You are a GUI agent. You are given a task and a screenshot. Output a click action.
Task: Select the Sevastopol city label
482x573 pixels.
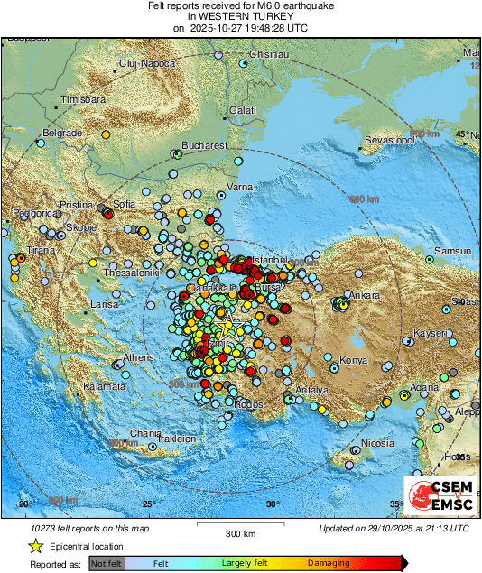pos(389,141)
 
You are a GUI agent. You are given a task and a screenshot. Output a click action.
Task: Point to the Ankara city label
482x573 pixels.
pos(366,295)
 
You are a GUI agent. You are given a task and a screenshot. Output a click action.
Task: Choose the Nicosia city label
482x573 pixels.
pos(377,443)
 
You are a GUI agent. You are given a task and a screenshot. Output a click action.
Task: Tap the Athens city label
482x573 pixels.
pos(139,357)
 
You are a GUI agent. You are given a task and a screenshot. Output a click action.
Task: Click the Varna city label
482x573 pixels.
pos(239,187)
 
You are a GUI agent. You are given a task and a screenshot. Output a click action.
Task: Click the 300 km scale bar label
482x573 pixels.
pos(240,534)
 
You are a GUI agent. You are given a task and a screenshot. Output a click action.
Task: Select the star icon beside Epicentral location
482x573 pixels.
pos(35,546)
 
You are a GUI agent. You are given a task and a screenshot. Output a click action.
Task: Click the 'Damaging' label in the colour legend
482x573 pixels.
pos(329,563)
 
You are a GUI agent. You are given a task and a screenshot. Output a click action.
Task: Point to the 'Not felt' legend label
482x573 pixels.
pos(107,563)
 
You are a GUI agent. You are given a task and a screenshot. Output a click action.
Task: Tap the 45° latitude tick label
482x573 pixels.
pos(462,134)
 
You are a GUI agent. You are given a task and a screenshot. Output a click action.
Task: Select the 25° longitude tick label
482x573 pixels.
pos(147,504)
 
